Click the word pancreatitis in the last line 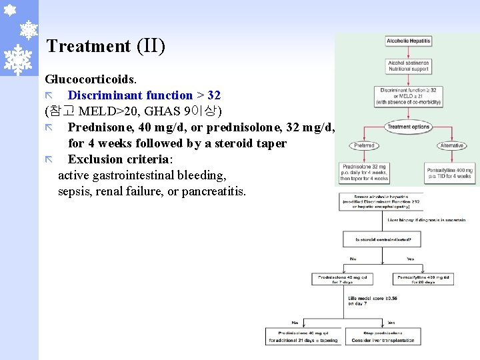coord(213,192)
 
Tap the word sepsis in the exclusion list coord(75,192)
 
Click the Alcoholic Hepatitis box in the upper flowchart coord(408,41)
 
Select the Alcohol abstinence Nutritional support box coord(408,65)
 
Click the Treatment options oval coord(408,127)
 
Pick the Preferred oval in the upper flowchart coord(364,145)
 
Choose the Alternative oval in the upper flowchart coord(452,145)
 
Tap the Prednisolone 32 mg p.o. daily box coord(364,174)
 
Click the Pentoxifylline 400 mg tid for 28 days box coord(425,279)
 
